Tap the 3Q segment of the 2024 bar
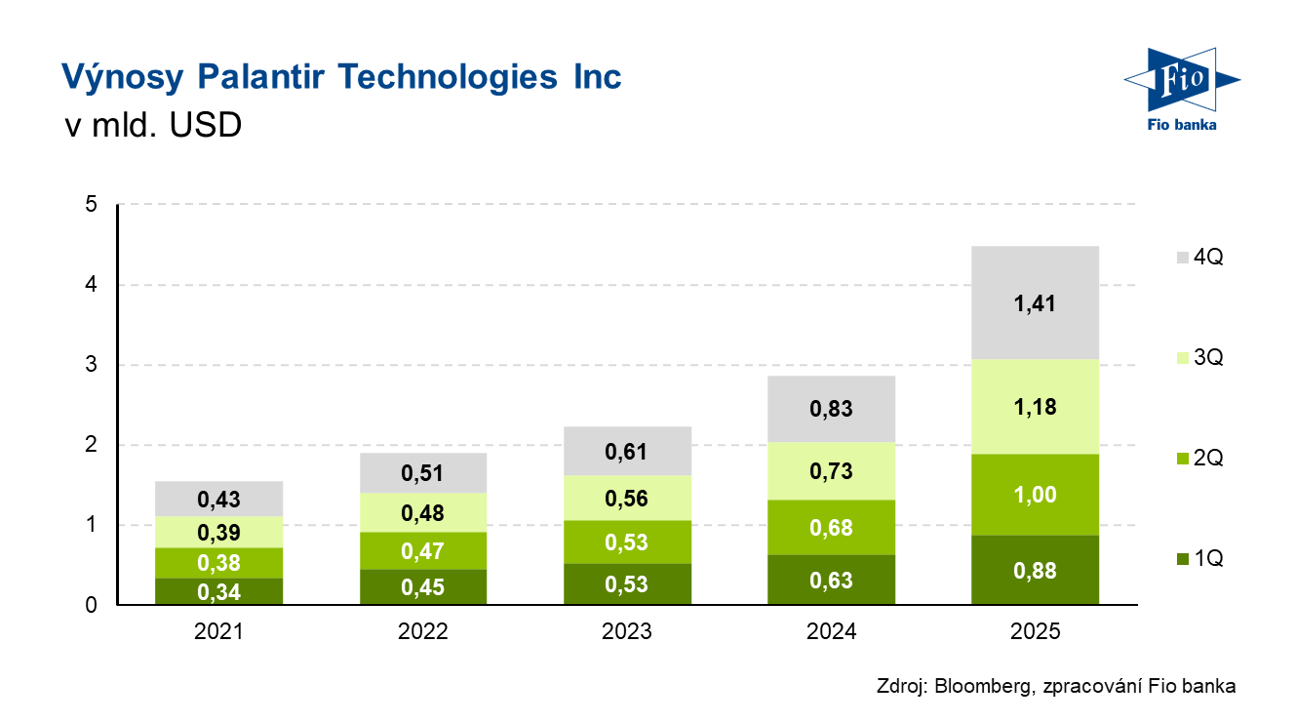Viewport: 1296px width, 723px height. tap(831, 471)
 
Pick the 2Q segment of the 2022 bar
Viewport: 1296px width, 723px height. tap(422, 551)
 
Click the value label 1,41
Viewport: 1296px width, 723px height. tap(1035, 303)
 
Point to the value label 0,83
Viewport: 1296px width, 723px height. tap(831, 409)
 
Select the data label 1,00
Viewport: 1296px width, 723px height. tap(1035, 495)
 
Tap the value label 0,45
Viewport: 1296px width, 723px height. tap(422, 587)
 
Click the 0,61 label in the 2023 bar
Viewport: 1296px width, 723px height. tap(627, 452)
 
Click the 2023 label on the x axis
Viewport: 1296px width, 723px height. tap(627, 632)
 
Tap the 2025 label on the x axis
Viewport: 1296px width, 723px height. tap(1035, 632)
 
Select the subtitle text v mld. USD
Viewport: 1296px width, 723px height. tap(151, 126)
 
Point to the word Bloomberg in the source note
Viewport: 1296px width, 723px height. tap(978, 686)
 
